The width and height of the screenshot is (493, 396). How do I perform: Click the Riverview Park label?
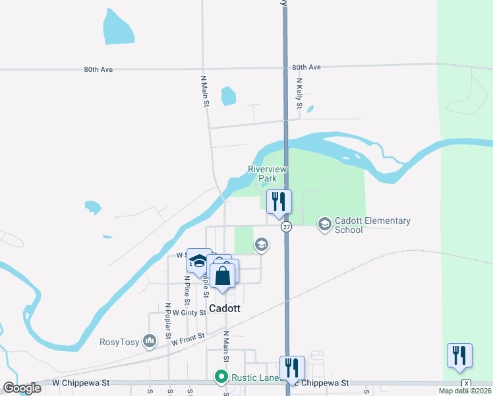268,174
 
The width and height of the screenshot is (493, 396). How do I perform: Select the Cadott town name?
225,308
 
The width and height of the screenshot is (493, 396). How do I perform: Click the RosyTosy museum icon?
150,341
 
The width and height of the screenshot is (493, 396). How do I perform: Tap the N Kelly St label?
299,93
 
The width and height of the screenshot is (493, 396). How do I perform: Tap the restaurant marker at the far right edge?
459,355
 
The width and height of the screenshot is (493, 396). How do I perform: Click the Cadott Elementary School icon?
324,225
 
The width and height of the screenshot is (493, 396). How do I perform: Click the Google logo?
22,388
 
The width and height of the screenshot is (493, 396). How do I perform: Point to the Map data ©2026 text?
465,391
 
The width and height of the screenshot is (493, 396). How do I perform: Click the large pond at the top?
119,27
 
